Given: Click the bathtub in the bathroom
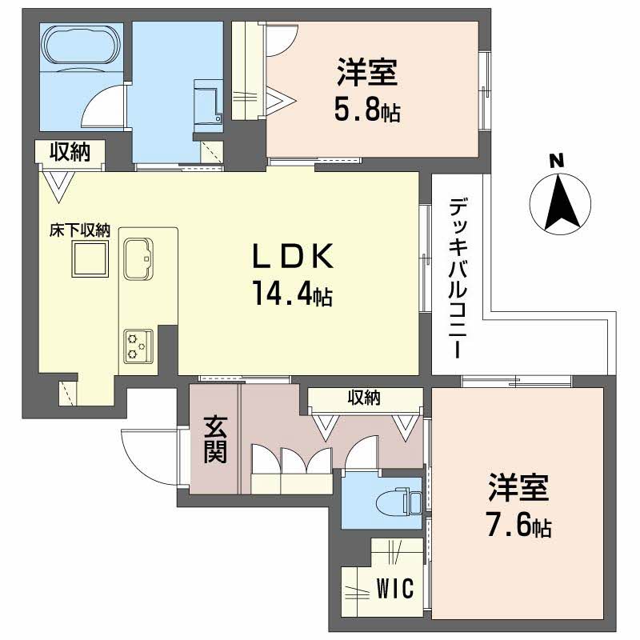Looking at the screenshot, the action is tap(81, 45).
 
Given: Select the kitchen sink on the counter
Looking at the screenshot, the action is tap(138, 258).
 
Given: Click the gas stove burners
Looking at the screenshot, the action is tap(138, 346).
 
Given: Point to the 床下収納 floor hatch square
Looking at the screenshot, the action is tap(90, 258).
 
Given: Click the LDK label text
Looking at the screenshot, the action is tap(293, 256).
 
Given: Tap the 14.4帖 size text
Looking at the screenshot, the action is tap(293, 294).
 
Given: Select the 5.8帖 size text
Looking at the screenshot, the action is tap(367, 110).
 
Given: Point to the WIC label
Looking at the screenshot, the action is tap(395, 588).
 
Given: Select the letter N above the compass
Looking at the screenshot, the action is tap(557, 161).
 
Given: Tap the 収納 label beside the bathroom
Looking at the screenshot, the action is tap(70, 152).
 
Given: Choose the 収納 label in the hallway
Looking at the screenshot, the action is tap(364, 397).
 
